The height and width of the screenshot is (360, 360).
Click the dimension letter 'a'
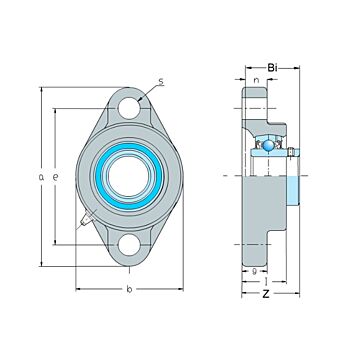[41, 177]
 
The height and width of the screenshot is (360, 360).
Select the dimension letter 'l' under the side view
[263, 281]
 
